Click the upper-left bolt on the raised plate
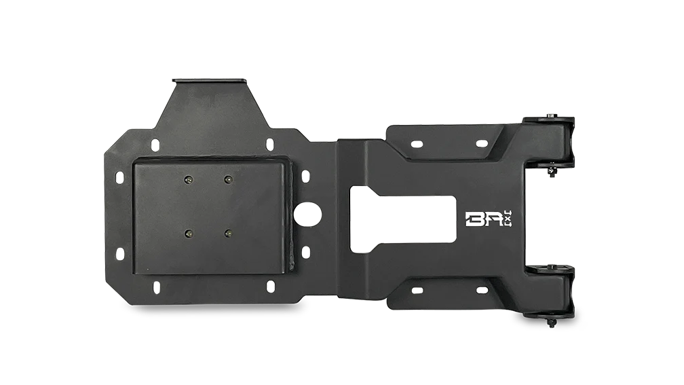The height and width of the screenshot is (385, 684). point(188,180)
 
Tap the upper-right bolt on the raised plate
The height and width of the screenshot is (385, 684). point(227,180)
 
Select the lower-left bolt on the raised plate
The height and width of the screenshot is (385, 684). point(188,234)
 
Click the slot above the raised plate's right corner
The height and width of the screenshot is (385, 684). point(269,143)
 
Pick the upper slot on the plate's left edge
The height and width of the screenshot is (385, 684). point(119,175)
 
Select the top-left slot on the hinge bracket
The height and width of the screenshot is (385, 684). point(416,144)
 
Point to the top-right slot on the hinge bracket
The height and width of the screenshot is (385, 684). point(481,143)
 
